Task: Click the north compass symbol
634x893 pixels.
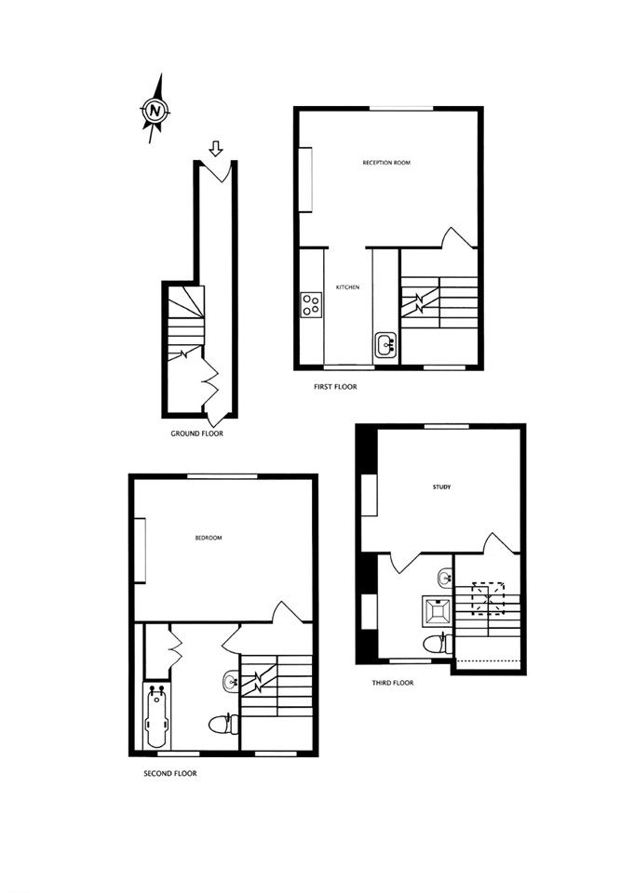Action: (155, 111)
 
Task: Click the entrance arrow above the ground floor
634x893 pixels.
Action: (216, 148)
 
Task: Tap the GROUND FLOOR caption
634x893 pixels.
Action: (196, 433)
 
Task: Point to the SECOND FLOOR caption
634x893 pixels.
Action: (170, 773)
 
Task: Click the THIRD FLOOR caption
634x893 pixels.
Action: (393, 682)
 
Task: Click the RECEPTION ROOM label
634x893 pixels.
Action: (386, 163)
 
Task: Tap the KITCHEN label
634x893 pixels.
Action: (348, 287)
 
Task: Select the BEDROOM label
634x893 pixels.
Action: (209, 538)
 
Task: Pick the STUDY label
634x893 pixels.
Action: (441, 486)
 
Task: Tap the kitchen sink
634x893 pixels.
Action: (386, 346)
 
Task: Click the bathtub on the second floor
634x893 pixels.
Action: (155, 716)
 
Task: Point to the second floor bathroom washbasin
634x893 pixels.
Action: (230, 682)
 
